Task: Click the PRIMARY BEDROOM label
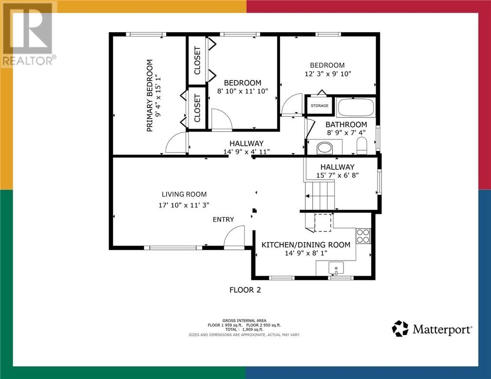pyautogui.click(x=150, y=95)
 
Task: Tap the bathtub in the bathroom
pyautogui.click(x=356, y=107)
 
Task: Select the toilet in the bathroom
pyautogui.click(x=361, y=145)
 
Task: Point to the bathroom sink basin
pyautogui.click(x=324, y=147)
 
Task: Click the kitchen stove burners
pyautogui.click(x=363, y=236)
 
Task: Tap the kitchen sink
pyautogui.click(x=336, y=267)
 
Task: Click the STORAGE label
pyautogui.click(x=320, y=106)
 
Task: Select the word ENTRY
pyautogui.click(x=223, y=219)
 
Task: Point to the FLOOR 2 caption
pyautogui.click(x=245, y=290)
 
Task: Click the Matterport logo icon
pyautogui.click(x=400, y=329)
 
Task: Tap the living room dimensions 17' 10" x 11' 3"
pyautogui.click(x=184, y=205)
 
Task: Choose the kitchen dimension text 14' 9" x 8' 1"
pyautogui.click(x=305, y=253)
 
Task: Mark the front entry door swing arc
pyautogui.click(x=234, y=237)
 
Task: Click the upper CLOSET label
pyautogui.click(x=197, y=60)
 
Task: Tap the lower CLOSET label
pyautogui.click(x=197, y=108)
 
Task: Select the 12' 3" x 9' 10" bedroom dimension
pyautogui.click(x=327, y=74)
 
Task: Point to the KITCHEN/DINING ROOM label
pyautogui.click(x=305, y=245)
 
